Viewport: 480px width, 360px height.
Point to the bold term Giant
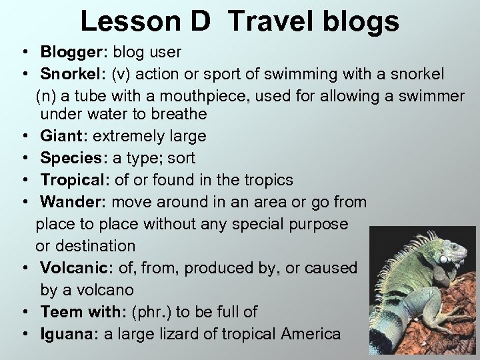click(63, 136)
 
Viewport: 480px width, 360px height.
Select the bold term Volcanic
click(75, 268)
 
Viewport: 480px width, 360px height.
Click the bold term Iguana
click(67, 334)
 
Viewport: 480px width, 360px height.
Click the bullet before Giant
click(23, 137)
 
